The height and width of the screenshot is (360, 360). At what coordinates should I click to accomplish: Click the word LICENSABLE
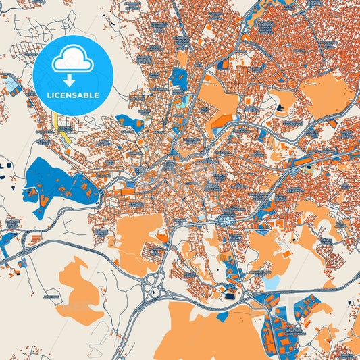(73, 95)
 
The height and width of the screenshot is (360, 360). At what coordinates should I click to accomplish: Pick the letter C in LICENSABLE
(59, 95)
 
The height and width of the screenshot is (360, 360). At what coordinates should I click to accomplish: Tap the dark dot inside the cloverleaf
(155, 293)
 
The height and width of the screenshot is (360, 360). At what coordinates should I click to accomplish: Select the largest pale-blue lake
(272, 282)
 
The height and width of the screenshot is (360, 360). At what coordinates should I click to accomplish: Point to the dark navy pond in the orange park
(280, 106)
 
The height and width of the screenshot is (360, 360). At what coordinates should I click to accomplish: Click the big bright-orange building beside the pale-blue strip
(222, 120)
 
